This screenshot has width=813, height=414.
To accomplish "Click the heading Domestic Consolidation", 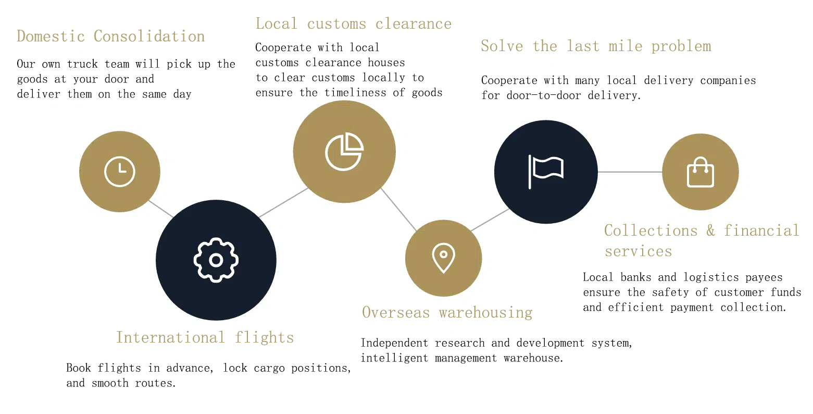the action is pyautogui.click(x=111, y=36).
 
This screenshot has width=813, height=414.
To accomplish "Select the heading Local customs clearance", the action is pyautogui.click(x=354, y=23).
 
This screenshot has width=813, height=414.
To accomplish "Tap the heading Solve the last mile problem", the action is pyautogui.click(x=596, y=46).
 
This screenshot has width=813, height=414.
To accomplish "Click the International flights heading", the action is pyautogui.click(x=205, y=337).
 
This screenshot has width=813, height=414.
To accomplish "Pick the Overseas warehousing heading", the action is pyautogui.click(x=447, y=313).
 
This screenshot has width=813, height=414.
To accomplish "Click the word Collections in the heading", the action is pyautogui.click(x=651, y=230).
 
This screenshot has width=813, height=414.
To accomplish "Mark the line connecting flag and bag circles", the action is pyautogui.click(x=630, y=172).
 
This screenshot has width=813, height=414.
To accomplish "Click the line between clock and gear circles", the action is pyautogui.click(x=160, y=209).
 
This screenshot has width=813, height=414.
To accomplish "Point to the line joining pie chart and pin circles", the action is pyautogui.click(x=398, y=210).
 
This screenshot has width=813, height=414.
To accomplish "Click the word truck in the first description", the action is pyautogui.click(x=82, y=64).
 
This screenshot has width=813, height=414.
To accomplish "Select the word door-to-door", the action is pyautogui.click(x=544, y=95).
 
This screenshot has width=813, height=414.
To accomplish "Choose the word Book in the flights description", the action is pyautogui.click(x=79, y=368).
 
